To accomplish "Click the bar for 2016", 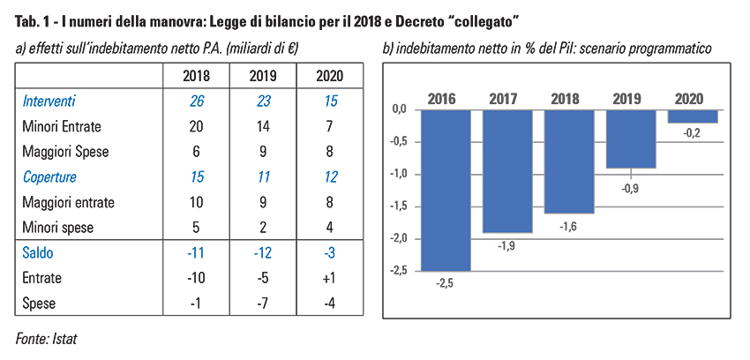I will (x=446, y=190).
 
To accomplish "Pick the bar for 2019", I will (x=631, y=139).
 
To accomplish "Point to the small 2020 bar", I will (x=693, y=116).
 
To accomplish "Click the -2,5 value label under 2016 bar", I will (x=446, y=282).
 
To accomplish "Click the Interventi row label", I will (x=49, y=102).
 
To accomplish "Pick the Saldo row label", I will (x=38, y=252).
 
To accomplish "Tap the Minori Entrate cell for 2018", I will (x=197, y=127).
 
